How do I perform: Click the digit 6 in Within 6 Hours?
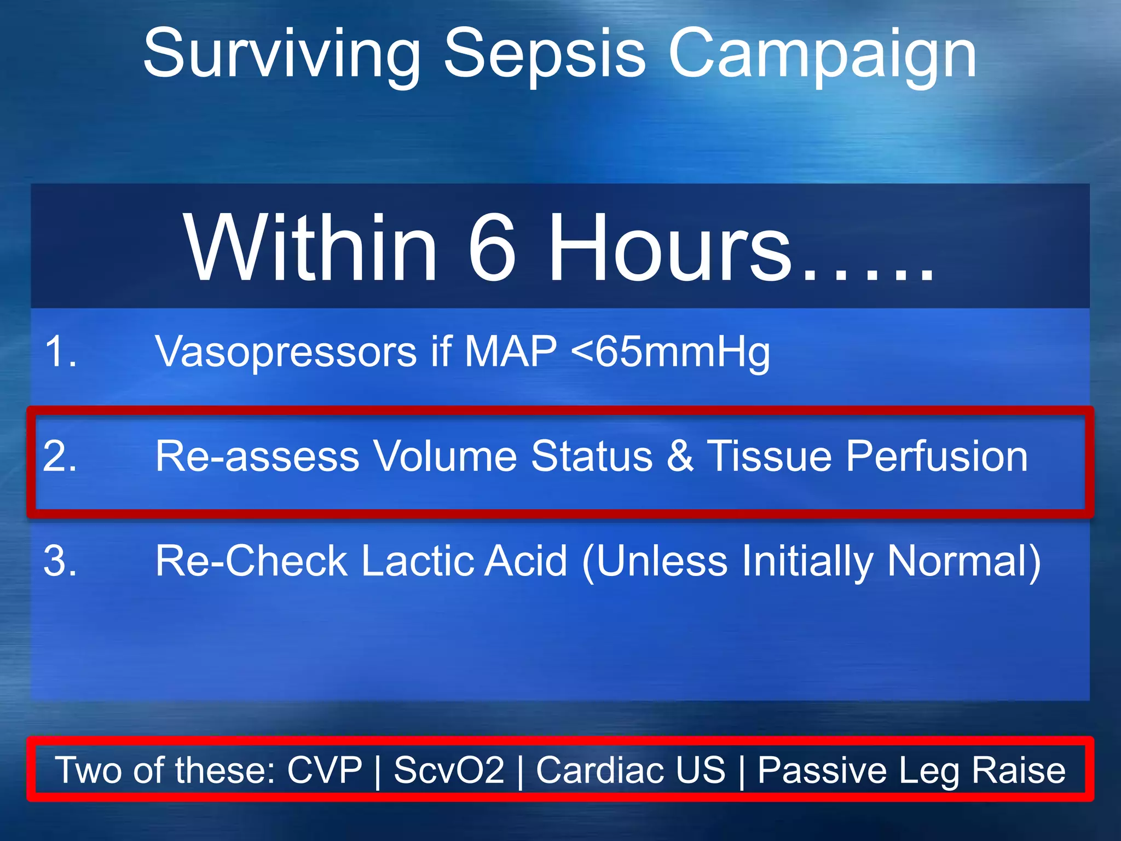[492, 247]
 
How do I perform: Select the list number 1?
[60, 352]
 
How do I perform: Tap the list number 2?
[60, 456]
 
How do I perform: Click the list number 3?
[60, 561]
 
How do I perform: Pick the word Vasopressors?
[286, 352]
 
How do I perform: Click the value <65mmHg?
[670, 352]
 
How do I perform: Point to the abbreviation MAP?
[510, 352]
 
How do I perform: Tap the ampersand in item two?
[680, 456]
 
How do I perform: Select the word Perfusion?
[937, 456]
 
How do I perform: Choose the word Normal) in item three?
[964, 561]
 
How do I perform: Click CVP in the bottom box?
[325, 770]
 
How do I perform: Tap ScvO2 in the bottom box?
[449, 770]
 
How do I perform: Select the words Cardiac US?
[631, 770]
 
